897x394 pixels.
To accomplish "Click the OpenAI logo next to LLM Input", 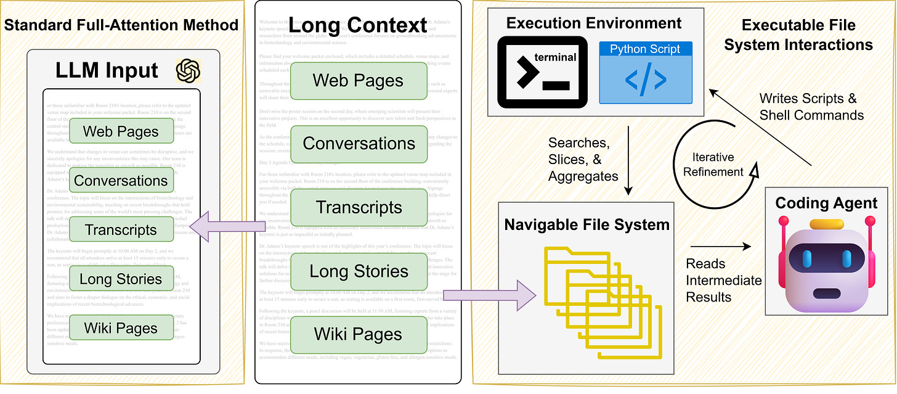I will pos(188,71).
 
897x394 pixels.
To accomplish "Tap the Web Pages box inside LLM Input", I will pos(121,131).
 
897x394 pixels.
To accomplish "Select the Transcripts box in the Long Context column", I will pos(359,207).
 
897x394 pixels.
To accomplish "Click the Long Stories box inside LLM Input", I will pos(121,279).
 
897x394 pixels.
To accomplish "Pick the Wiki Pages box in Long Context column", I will pos(359,334).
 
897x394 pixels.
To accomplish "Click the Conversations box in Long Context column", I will pos(359,144).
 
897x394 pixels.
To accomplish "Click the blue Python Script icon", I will pos(645,72).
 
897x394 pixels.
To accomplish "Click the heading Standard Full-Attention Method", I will pos(121,25).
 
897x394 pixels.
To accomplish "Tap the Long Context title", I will pos(358,25).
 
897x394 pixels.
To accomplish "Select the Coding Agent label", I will pos(826,203).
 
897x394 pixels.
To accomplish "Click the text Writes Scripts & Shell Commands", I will pos(811,107).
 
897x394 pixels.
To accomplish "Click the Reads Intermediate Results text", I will pos(723,281).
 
